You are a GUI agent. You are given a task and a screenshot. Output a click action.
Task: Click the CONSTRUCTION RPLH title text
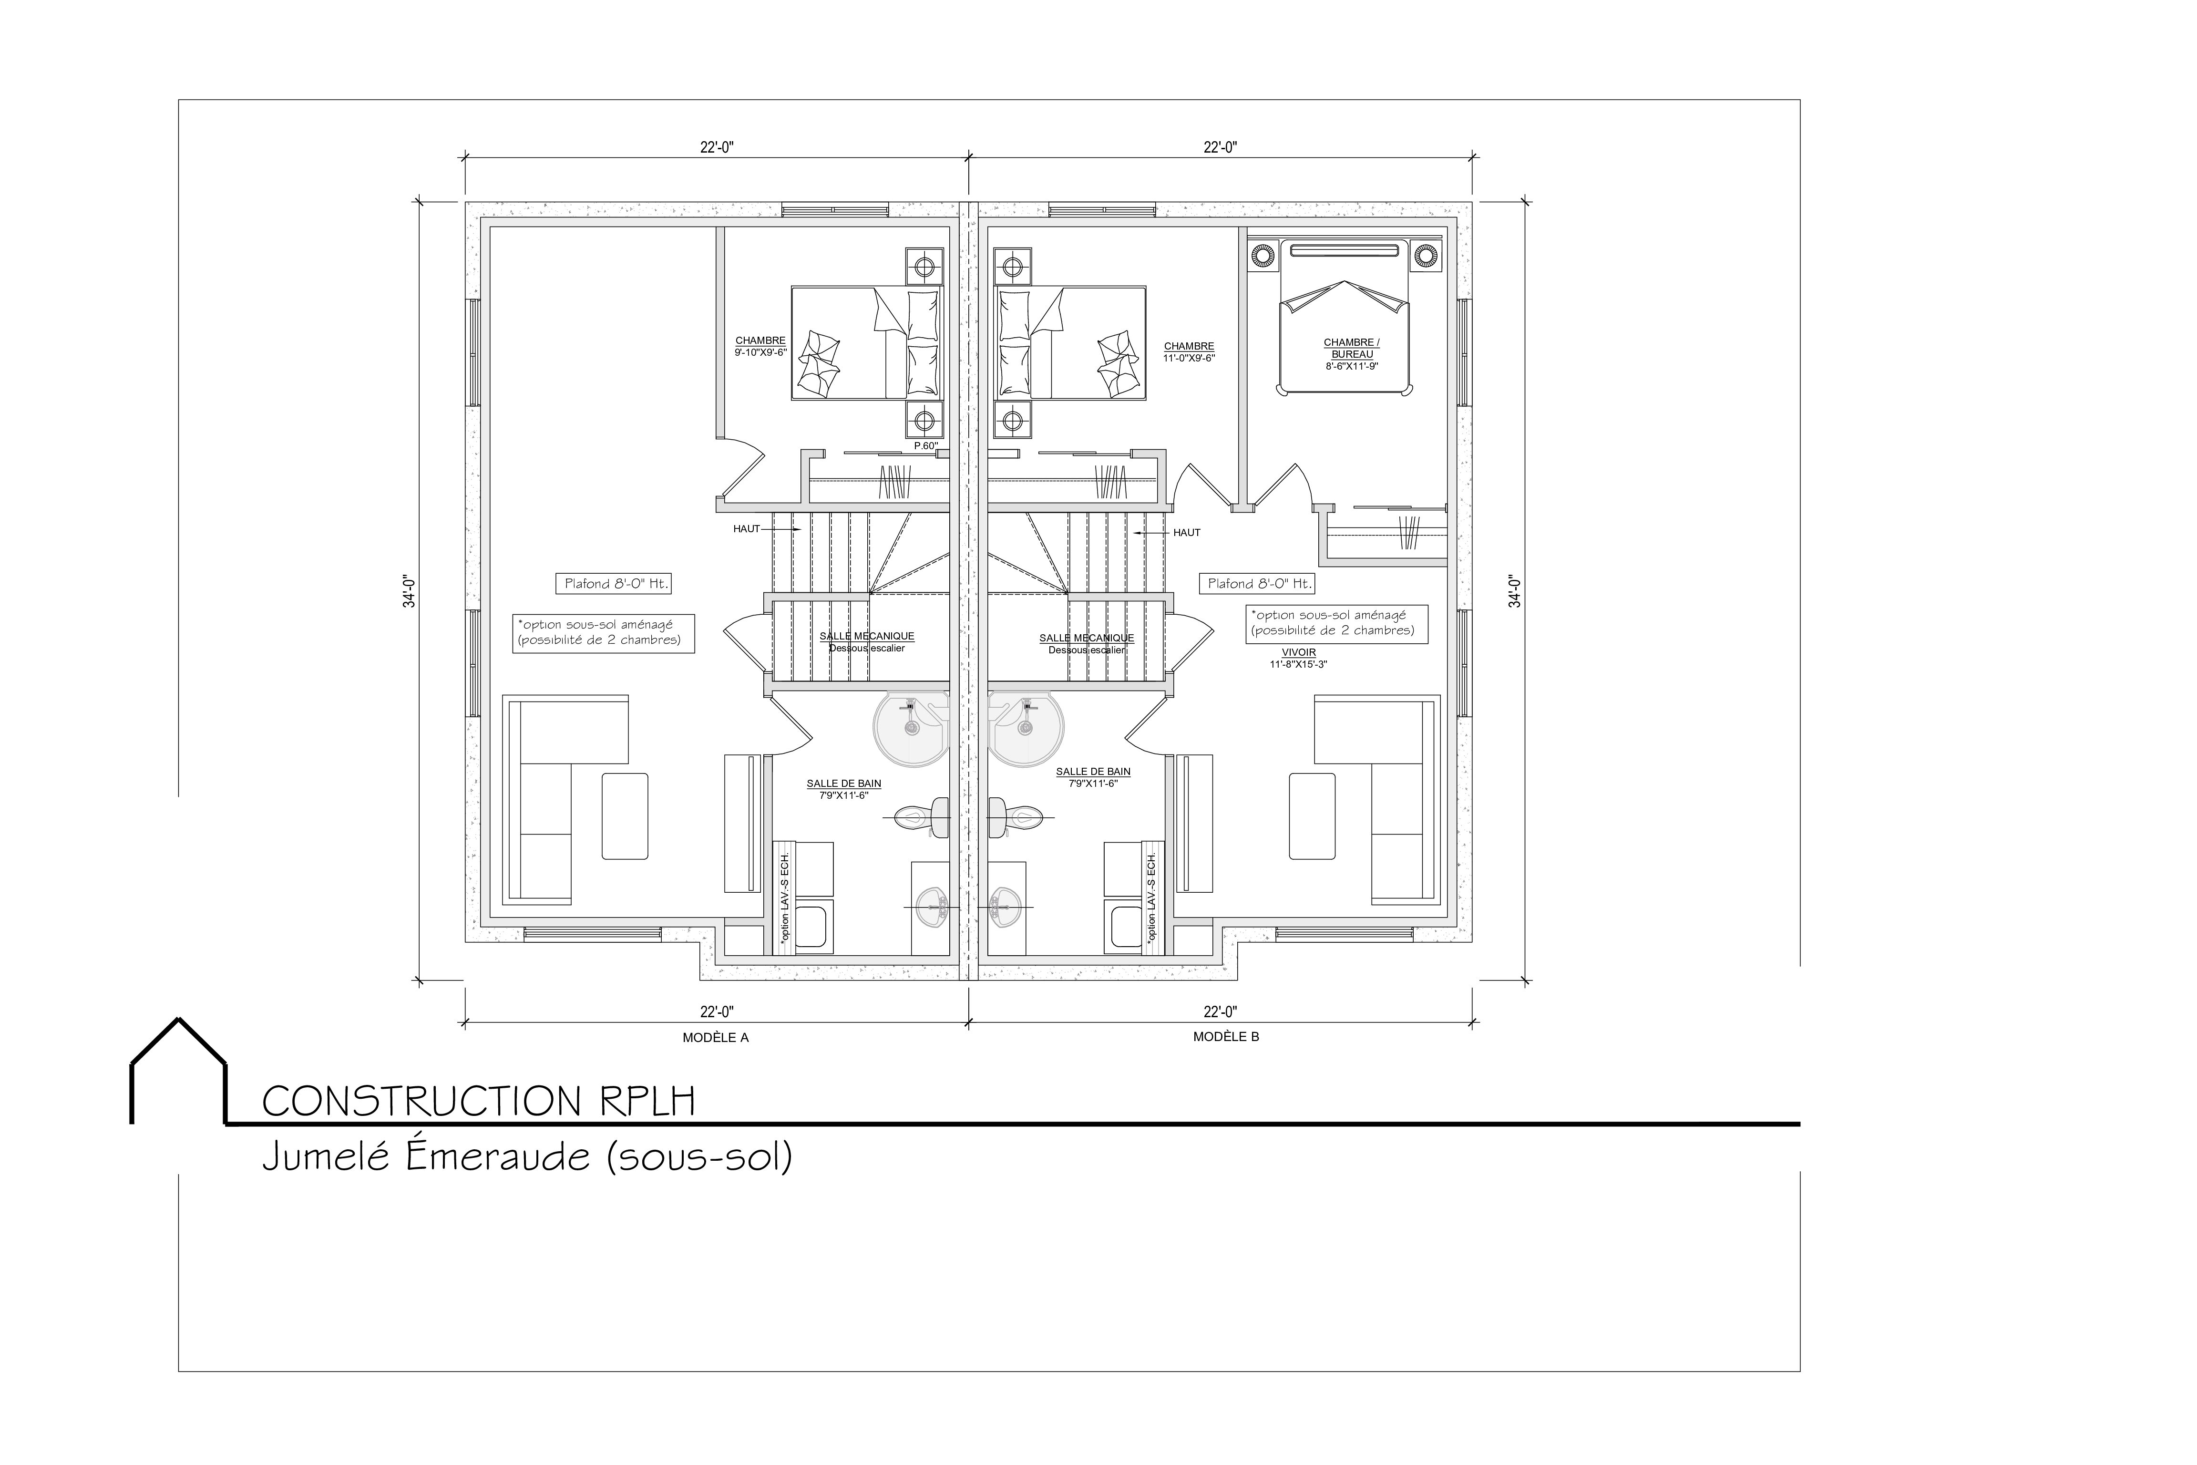click(x=478, y=1102)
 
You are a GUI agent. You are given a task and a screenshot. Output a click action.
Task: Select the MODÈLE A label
click(x=716, y=1037)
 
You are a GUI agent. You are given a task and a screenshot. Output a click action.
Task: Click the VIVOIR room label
click(x=1298, y=652)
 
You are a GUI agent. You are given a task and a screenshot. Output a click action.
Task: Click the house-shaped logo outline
click(x=177, y=1070)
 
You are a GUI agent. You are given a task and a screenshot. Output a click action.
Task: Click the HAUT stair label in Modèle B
click(x=1186, y=533)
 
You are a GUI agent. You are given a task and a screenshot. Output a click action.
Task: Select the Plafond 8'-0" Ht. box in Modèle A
click(x=615, y=584)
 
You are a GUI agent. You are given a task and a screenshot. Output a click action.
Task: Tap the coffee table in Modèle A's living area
click(x=625, y=815)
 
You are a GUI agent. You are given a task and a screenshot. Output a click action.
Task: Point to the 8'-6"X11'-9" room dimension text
click(x=1352, y=366)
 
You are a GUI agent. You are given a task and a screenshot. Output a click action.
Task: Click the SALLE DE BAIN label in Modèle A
click(x=844, y=784)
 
